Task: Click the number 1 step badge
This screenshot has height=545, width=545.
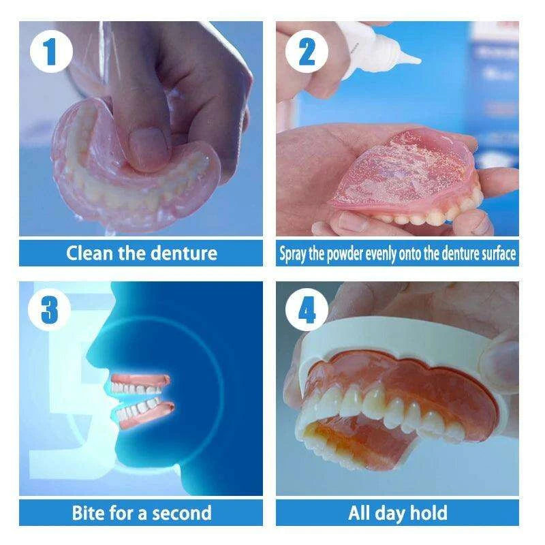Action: point(51,51)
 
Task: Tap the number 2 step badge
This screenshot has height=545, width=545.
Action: point(307,52)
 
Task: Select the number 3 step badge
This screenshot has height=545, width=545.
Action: point(49,309)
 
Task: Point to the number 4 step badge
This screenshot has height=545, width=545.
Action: point(307,309)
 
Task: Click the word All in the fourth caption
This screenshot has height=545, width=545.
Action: point(359,513)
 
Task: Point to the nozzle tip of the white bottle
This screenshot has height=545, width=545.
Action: point(419,61)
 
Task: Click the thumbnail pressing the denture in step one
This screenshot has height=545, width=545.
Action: point(149,145)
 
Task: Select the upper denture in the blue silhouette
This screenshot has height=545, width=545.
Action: point(141,384)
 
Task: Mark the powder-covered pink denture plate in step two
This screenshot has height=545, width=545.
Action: point(403,170)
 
